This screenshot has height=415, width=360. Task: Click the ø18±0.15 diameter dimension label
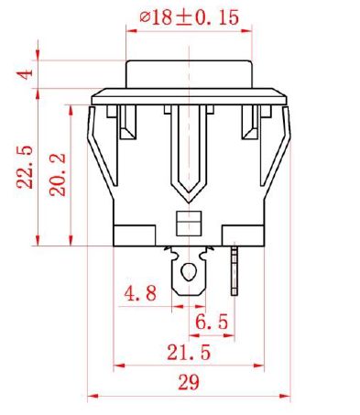pyautogui.click(x=189, y=17)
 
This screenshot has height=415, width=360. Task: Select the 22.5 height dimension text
pyautogui.click(x=25, y=167)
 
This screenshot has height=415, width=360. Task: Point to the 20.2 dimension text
pyautogui.click(x=57, y=174)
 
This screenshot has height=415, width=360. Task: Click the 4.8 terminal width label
pyautogui.click(x=140, y=293)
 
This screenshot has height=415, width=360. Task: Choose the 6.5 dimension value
pyautogui.click(x=212, y=322)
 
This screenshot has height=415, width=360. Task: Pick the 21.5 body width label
pyautogui.click(x=189, y=352)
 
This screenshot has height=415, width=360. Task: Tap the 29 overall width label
pyautogui.click(x=189, y=382)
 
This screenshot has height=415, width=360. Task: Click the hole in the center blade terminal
pyautogui.click(x=188, y=271)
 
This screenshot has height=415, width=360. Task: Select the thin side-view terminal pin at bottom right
pyautogui.click(x=234, y=268)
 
